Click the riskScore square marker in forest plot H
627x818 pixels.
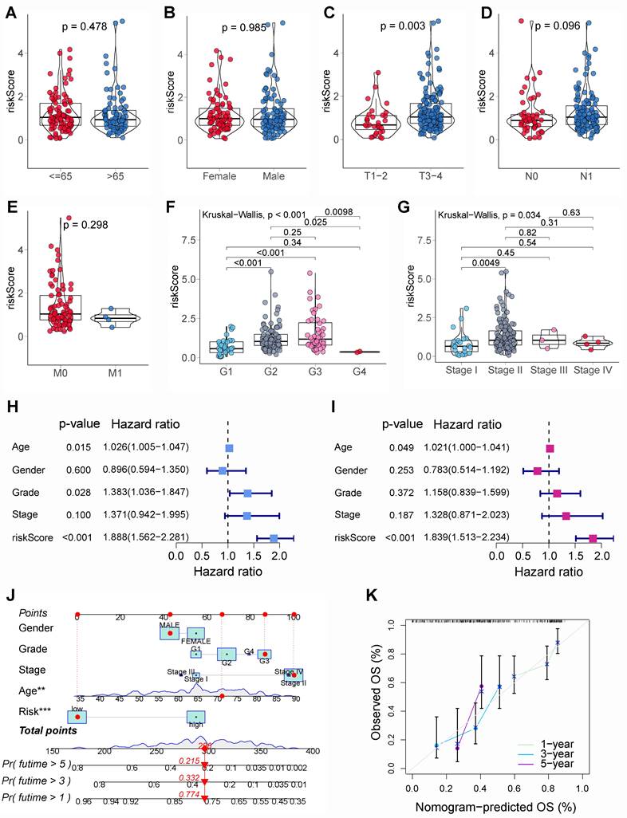(x=274, y=538)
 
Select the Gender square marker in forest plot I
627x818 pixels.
(x=538, y=471)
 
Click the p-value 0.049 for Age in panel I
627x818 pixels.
(x=395, y=448)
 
